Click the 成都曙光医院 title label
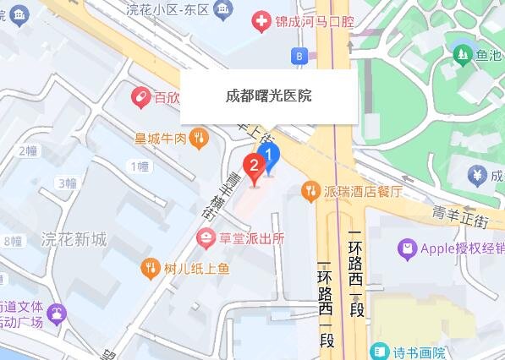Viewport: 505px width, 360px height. (x=268, y=95)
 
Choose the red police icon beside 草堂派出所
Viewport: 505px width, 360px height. (x=205, y=239)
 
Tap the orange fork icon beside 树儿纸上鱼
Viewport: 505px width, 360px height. (x=150, y=269)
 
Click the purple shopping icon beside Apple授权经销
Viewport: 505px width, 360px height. (x=408, y=248)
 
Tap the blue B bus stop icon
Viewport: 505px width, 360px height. (x=298, y=56)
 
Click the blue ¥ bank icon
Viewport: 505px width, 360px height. (x=475, y=176)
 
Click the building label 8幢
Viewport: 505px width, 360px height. (x=12, y=242)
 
